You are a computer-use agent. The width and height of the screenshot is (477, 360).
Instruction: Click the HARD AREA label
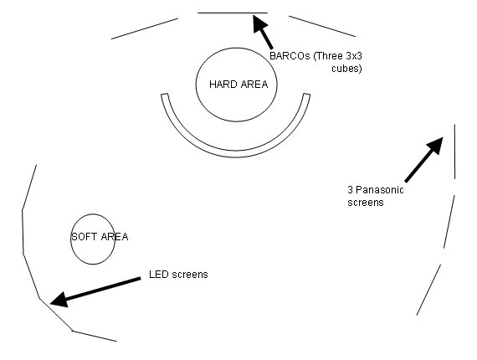(238, 85)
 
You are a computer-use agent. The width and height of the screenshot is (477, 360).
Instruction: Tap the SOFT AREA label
(100, 237)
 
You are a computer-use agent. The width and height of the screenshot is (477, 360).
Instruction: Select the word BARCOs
(290, 56)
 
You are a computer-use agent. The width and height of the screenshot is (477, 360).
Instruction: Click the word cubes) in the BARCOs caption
(346, 69)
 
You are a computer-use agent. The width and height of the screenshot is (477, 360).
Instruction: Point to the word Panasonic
(380, 190)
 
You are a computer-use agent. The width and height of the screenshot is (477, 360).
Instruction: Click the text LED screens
(178, 275)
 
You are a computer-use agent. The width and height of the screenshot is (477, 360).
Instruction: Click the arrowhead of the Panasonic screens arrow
(435, 146)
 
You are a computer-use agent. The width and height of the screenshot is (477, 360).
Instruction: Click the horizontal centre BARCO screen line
(233, 13)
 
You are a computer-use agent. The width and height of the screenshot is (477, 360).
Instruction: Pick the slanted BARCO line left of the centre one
(145, 28)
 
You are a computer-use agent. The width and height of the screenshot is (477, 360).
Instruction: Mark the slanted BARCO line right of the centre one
(322, 27)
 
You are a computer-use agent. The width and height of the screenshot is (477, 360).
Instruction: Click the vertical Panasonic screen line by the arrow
(454, 152)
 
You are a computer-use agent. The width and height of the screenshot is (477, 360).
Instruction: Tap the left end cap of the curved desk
(164, 95)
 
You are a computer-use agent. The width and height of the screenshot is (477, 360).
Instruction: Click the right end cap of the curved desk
(306, 95)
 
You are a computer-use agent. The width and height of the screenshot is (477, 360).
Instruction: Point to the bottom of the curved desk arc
(236, 154)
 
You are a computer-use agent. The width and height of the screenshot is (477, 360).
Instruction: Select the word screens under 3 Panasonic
(366, 203)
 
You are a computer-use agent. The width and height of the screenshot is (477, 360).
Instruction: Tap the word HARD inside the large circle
(221, 85)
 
